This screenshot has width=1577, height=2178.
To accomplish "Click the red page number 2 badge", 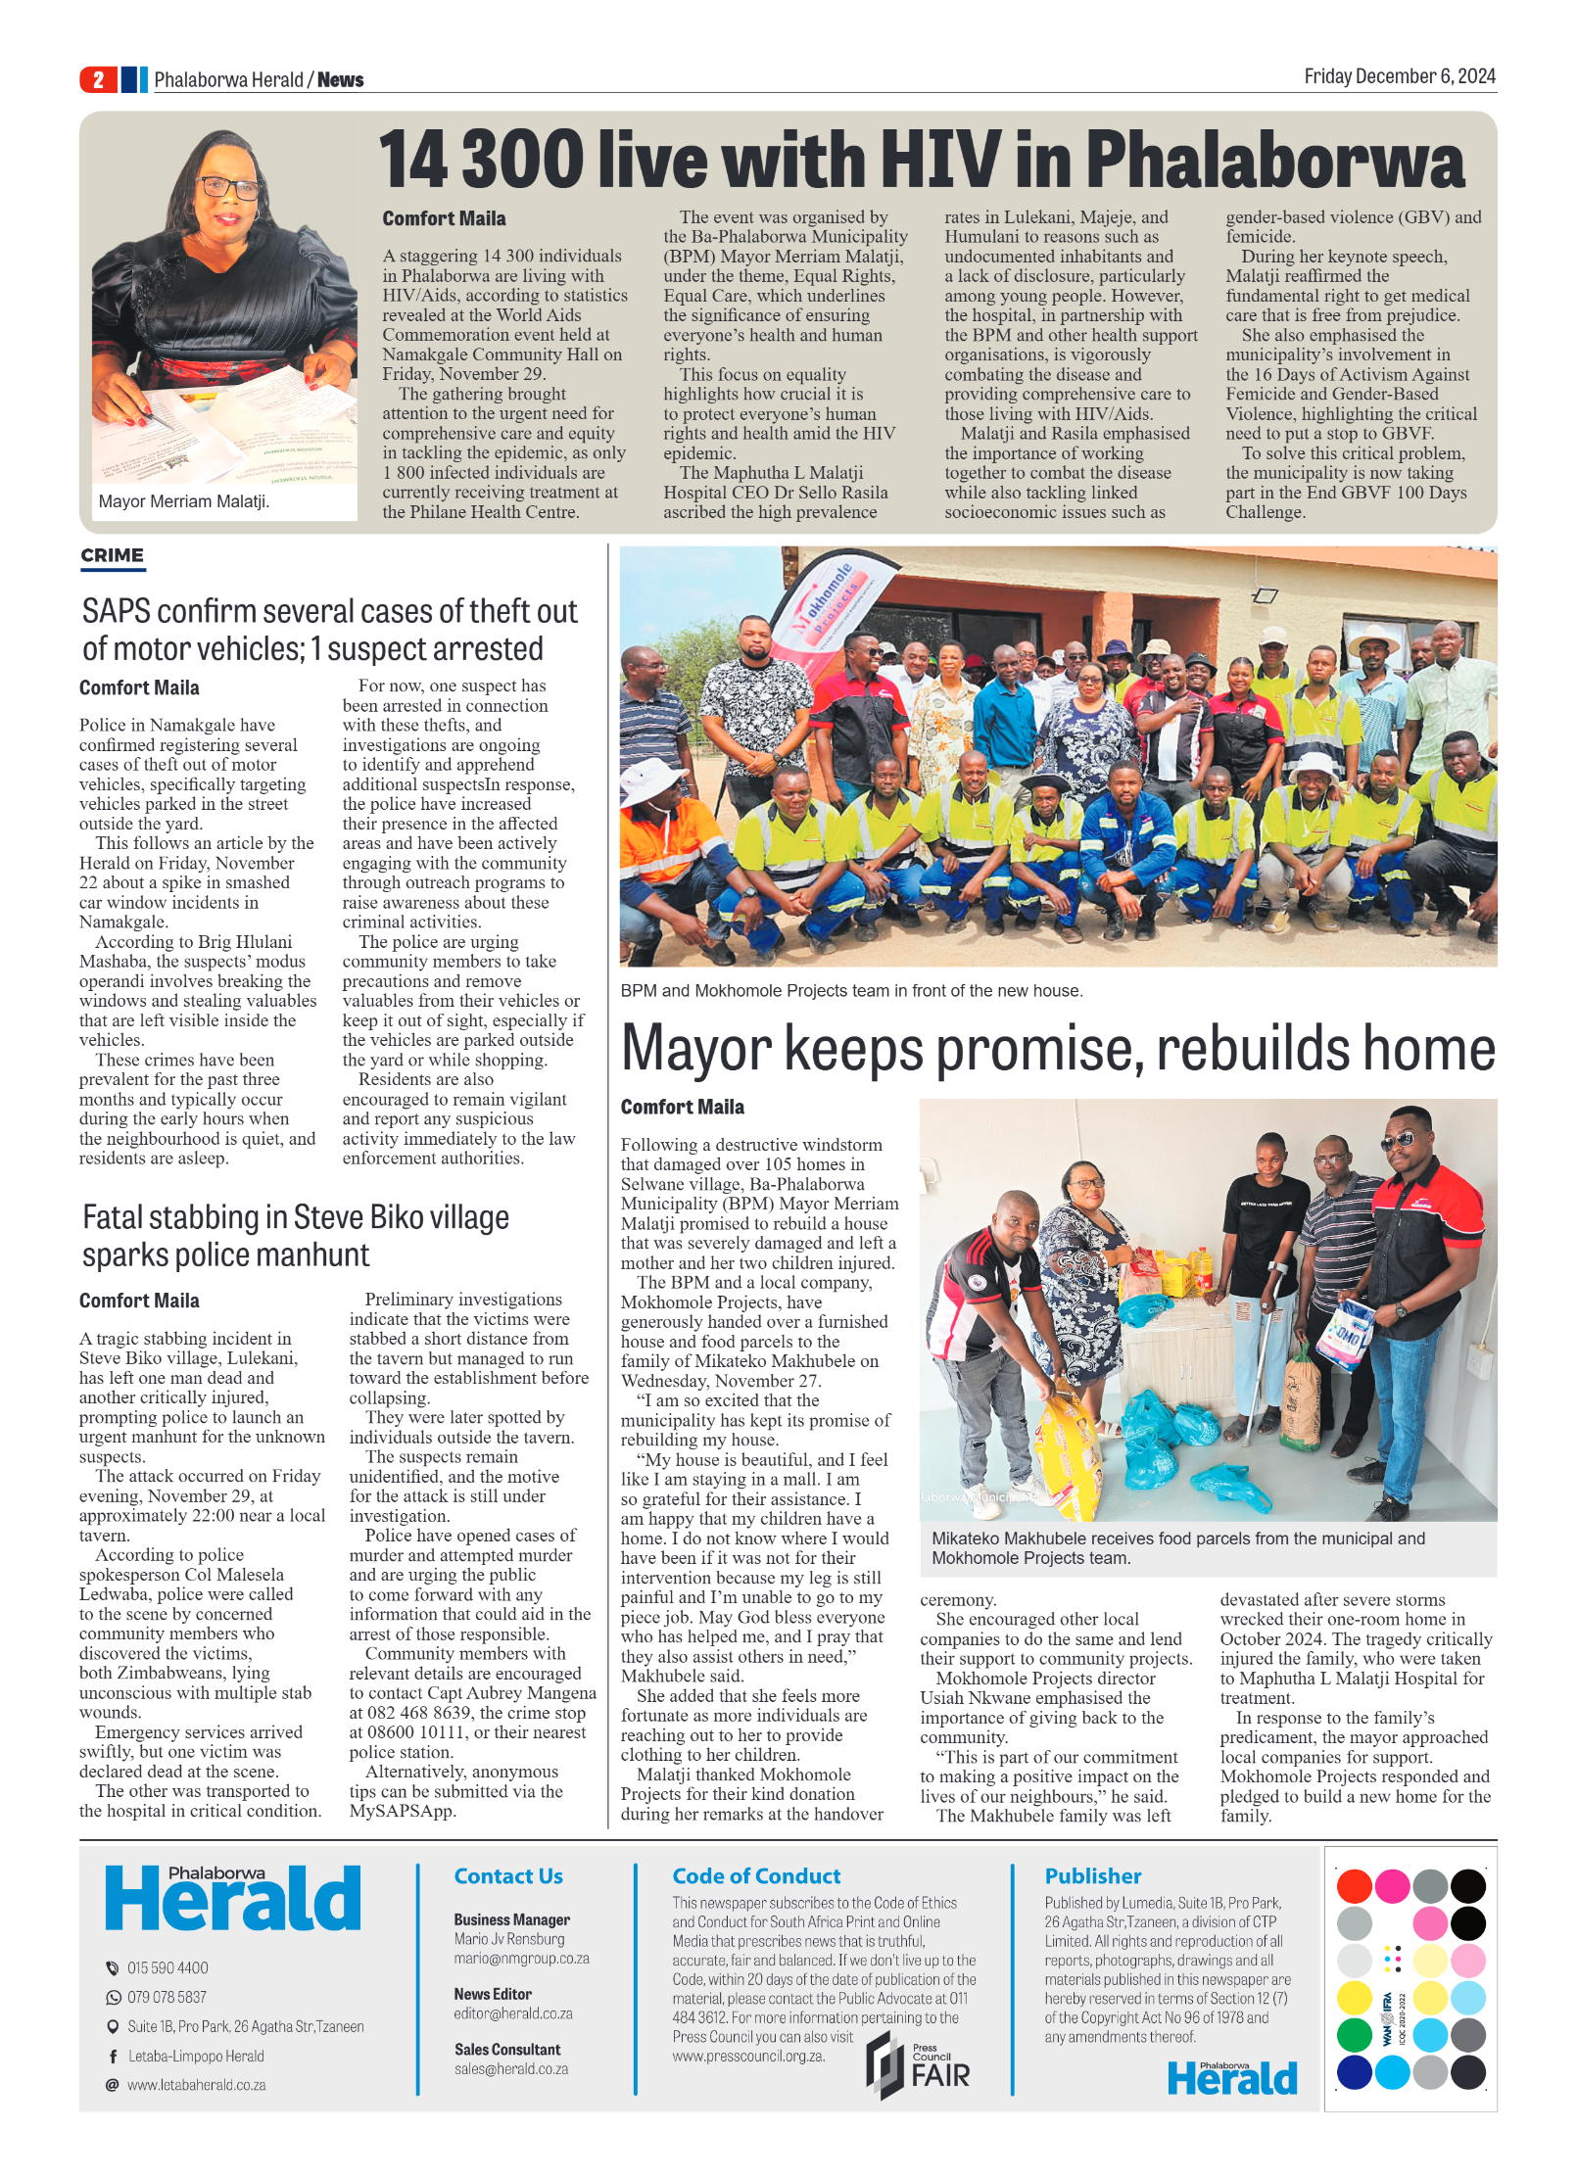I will [x=98, y=79].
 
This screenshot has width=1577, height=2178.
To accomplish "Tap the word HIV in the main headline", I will [x=940, y=160].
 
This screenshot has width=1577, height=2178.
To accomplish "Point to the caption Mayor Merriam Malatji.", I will [x=183, y=501].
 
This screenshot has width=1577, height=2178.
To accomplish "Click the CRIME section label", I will [x=112, y=555].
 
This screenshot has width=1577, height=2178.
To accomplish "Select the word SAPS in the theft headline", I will [x=116, y=612].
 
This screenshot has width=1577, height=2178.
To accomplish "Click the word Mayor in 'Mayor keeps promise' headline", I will [x=696, y=1049].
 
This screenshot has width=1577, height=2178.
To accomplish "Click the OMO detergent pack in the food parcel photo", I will [x=1346, y=1332].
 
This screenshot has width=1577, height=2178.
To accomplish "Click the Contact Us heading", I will [x=507, y=1876].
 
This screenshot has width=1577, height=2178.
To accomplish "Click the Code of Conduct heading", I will [x=755, y=1876].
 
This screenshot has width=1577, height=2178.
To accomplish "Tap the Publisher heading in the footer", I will [x=1092, y=1876].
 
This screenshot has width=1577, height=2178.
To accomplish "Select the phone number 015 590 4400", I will [x=167, y=1968].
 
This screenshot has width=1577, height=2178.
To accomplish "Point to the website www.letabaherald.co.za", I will [x=196, y=2085].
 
